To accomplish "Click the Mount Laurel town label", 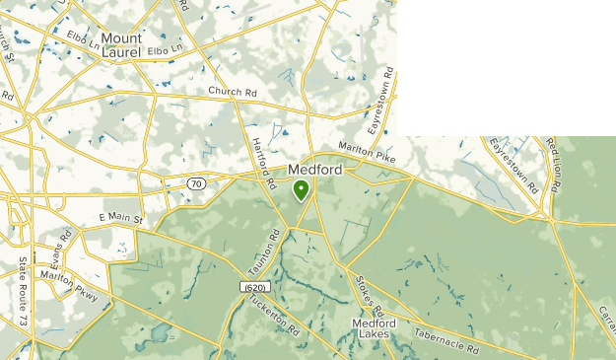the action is click(x=121, y=45).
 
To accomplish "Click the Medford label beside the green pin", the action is click(x=315, y=170).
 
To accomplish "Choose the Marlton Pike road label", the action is click(x=366, y=149).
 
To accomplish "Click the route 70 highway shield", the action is click(x=195, y=183).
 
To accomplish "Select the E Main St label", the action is click(x=121, y=217).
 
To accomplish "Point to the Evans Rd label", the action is click(x=61, y=252).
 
